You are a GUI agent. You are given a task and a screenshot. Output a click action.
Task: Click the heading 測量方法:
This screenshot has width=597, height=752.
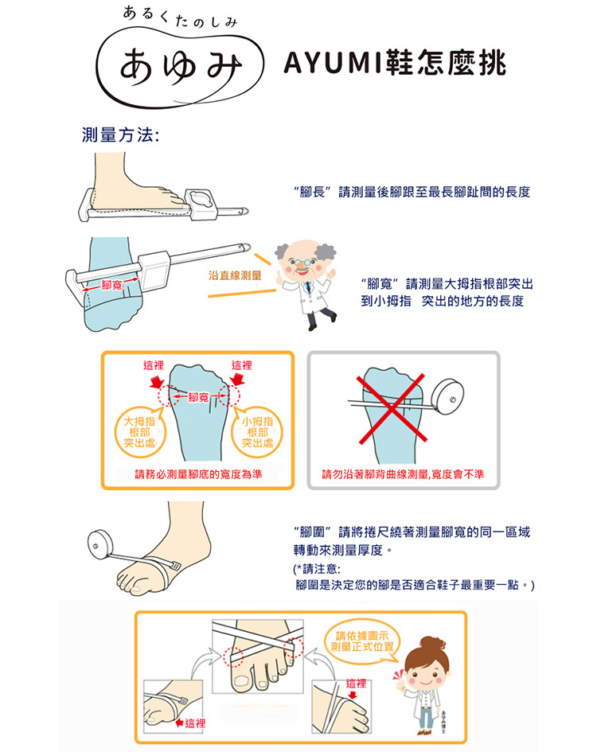(x=120, y=134)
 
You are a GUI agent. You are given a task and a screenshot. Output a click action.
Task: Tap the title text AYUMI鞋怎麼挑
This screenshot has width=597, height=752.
(x=395, y=63)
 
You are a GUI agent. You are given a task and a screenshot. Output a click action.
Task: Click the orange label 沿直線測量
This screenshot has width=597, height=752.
(x=235, y=275)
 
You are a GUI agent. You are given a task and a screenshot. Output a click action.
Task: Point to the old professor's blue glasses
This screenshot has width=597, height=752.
(x=300, y=263)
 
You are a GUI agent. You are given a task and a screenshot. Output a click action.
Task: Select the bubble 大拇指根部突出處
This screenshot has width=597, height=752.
(x=139, y=432)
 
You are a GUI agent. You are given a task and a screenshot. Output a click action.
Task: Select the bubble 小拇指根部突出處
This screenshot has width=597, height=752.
(x=257, y=432)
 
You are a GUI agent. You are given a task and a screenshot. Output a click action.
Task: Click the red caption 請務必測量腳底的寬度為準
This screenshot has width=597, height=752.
(x=199, y=474)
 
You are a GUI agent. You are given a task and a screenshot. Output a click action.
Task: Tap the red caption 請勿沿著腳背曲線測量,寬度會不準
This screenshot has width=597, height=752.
(x=403, y=474)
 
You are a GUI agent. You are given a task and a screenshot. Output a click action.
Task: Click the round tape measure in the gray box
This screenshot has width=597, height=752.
(x=448, y=396)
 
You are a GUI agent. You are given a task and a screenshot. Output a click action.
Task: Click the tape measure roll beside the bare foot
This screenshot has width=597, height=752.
(x=99, y=545)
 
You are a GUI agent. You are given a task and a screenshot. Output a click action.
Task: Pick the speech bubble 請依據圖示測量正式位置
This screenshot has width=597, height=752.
(x=362, y=641)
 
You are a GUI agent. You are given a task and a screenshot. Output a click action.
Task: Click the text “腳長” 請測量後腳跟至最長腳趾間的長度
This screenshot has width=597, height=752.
(x=412, y=193)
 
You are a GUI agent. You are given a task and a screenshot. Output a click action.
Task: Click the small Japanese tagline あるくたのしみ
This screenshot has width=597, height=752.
(x=180, y=18)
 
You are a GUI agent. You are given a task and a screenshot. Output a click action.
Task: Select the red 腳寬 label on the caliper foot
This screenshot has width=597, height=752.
(x=111, y=286)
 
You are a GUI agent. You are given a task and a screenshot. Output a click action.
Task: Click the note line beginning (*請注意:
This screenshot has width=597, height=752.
(x=317, y=569)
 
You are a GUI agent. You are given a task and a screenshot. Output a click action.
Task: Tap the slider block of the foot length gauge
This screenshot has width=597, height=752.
(x=201, y=205)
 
